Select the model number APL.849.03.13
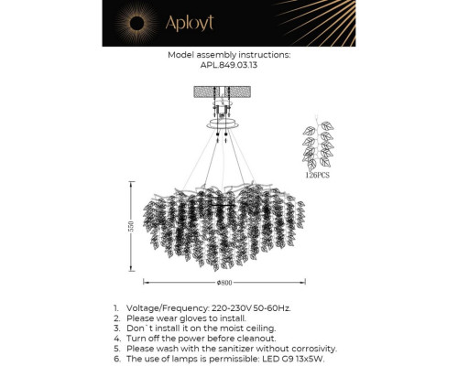(x=229, y=65)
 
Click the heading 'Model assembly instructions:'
(x=229, y=55)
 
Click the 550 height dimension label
(x=132, y=226)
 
